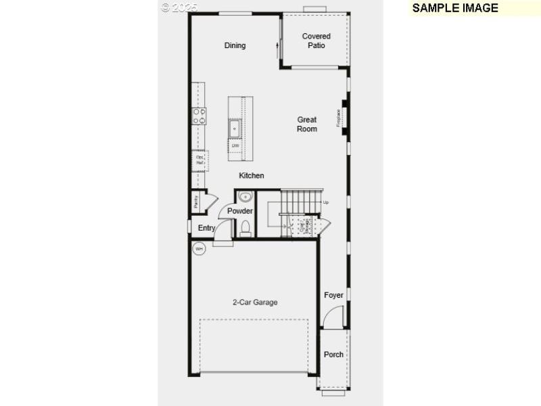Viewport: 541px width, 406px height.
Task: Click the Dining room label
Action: [x=235, y=45]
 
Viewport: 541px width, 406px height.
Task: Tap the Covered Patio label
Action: [x=316, y=41]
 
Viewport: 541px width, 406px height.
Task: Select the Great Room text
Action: [x=307, y=125]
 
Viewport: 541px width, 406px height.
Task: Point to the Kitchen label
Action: [x=252, y=176]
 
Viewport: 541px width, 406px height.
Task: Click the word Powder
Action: [x=240, y=211]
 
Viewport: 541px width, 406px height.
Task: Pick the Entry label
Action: [x=206, y=228]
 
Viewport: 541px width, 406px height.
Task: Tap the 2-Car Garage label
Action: [x=255, y=302]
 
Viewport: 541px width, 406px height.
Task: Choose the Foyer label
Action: [x=333, y=295]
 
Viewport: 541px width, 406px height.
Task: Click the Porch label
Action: [x=333, y=355]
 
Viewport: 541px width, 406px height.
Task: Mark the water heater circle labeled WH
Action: [x=199, y=249]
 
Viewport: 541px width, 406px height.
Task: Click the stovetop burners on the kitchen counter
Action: [x=199, y=116]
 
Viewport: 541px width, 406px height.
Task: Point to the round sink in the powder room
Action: [x=245, y=198]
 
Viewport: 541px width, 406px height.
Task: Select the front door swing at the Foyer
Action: [x=335, y=317]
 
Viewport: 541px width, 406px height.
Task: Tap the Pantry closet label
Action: [x=195, y=201]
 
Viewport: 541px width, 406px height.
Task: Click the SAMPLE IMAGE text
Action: [x=454, y=8]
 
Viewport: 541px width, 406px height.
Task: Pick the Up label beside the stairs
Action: [x=326, y=202]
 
